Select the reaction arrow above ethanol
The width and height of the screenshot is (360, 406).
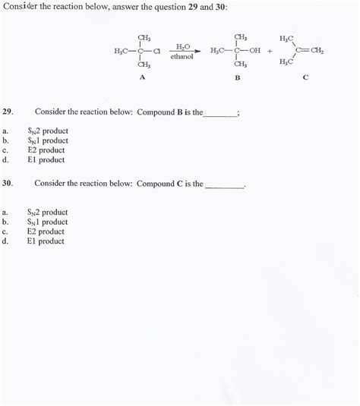tap(182, 51)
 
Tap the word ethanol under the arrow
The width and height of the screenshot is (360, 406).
tap(182, 57)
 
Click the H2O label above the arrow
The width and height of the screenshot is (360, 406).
tap(182, 46)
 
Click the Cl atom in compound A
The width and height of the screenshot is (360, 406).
tap(156, 51)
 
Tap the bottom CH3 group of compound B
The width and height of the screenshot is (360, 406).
tap(240, 65)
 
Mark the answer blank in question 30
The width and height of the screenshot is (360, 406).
tap(225, 184)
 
